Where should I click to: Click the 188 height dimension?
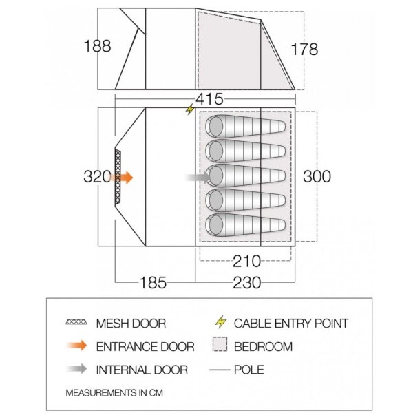click(x=97, y=47)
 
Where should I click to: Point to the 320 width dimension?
click(x=97, y=177)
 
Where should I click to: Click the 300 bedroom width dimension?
click(x=317, y=176)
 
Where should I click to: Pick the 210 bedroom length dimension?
click(x=246, y=262)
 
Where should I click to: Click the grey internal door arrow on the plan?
click(x=198, y=178)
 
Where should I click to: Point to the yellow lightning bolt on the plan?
click(x=190, y=110)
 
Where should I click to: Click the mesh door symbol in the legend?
click(x=77, y=323)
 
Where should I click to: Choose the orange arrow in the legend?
click(x=77, y=346)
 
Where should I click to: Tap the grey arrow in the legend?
click(x=77, y=370)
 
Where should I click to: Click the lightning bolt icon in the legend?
click(x=220, y=322)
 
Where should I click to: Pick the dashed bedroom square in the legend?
click(x=220, y=346)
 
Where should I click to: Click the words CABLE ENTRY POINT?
click(x=291, y=323)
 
